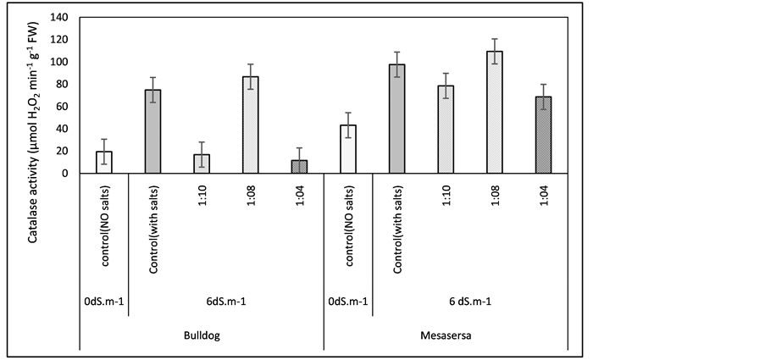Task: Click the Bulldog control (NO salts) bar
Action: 103,163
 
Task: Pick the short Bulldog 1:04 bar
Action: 300,167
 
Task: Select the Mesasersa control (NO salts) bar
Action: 348,150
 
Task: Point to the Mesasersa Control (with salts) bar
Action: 397,119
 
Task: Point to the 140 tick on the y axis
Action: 60,17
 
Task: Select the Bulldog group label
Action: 201,335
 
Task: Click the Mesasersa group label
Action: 446,335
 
